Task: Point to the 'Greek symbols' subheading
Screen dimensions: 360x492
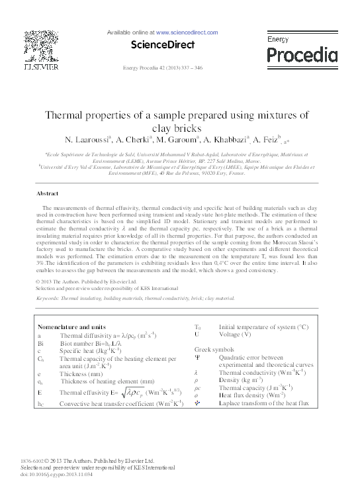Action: coord(214,348)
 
